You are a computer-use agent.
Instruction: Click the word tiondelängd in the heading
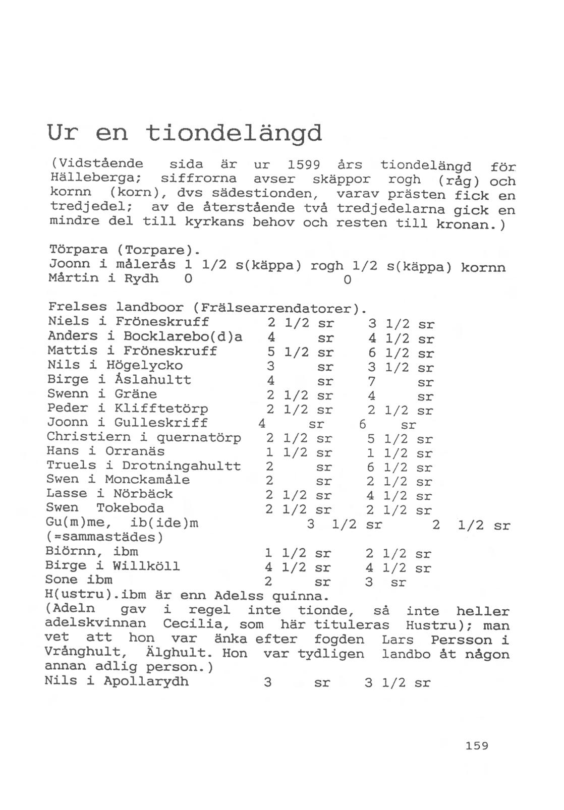[234, 133]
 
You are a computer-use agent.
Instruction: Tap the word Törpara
[78, 250]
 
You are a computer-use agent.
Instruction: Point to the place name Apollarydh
[146, 681]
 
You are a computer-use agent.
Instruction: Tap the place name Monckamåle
[147, 479]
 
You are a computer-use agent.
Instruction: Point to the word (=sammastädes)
[104, 537]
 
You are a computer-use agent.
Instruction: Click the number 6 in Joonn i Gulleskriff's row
[362, 424]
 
